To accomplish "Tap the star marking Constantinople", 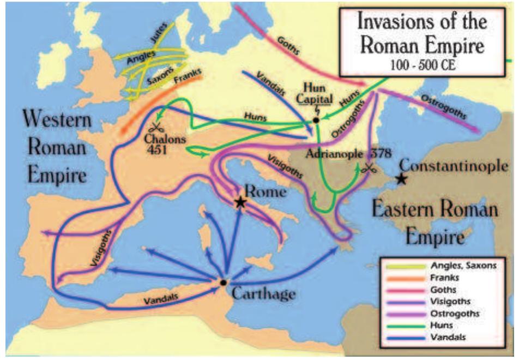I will [402, 178].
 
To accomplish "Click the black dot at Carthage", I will [223, 283].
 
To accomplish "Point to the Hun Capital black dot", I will [316, 119].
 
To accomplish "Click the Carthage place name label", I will [264, 293].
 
